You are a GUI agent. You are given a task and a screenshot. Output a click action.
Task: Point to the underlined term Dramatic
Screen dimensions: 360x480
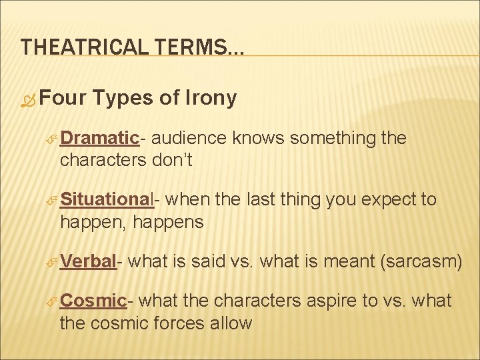(x=99, y=138)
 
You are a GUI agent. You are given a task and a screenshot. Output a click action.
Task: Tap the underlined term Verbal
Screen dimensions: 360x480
(x=89, y=261)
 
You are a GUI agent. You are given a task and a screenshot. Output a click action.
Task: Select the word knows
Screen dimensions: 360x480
(x=259, y=138)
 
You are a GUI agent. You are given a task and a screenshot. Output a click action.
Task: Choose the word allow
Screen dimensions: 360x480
(x=232, y=323)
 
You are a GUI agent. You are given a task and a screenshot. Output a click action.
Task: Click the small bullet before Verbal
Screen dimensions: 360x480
(x=53, y=262)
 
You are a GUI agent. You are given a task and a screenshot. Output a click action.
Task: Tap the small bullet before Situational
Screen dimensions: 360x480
(x=53, y=200)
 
